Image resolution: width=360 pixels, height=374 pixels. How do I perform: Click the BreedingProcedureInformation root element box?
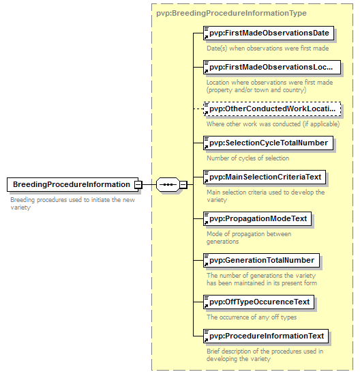click(x=72, y=184)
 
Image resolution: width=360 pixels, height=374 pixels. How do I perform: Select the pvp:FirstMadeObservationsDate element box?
click(x=269, y=33)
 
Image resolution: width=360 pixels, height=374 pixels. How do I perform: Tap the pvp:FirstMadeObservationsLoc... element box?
click(x=272, y=68)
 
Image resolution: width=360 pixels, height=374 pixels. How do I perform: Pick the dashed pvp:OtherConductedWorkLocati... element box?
click(x=272, y=109)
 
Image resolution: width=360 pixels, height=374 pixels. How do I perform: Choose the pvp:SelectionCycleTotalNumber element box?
click(x=268, y=143)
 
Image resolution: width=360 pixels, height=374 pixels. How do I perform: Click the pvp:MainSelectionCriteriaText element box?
click(x=265, y=177)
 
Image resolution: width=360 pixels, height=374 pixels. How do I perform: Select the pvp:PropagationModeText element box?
click(x=257, y=218)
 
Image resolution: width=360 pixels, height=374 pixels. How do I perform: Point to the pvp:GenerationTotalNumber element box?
click(x=261, y=260)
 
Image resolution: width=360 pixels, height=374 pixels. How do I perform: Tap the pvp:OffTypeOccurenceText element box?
click(x=258, y=302)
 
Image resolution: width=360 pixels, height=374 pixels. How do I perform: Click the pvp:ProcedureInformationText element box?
click(x=266, y=336)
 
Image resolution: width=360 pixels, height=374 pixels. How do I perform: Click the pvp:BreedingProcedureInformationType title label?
click(x=231, y=13)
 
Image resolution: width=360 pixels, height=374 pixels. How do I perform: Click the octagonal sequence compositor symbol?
click(x=168, y=184)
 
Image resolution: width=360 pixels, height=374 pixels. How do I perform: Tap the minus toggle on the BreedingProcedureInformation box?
click(x=138, y=185)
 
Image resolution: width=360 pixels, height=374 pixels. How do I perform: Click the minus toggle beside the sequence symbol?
click(x=183, y=185)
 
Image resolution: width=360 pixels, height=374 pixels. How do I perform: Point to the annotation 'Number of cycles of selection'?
click(x=247, y=158)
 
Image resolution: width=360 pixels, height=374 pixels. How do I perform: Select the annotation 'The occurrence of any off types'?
click(x=252, y=317)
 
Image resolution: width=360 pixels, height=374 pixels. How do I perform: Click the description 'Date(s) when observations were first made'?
click(x=267, y=48)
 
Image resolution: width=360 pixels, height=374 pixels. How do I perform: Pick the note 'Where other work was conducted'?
click(x=254, y=124)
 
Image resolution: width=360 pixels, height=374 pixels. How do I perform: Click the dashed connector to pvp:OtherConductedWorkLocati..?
click(x=198, y=109)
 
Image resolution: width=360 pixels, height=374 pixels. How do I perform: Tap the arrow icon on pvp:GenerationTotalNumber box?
click(x=207, y=265)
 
